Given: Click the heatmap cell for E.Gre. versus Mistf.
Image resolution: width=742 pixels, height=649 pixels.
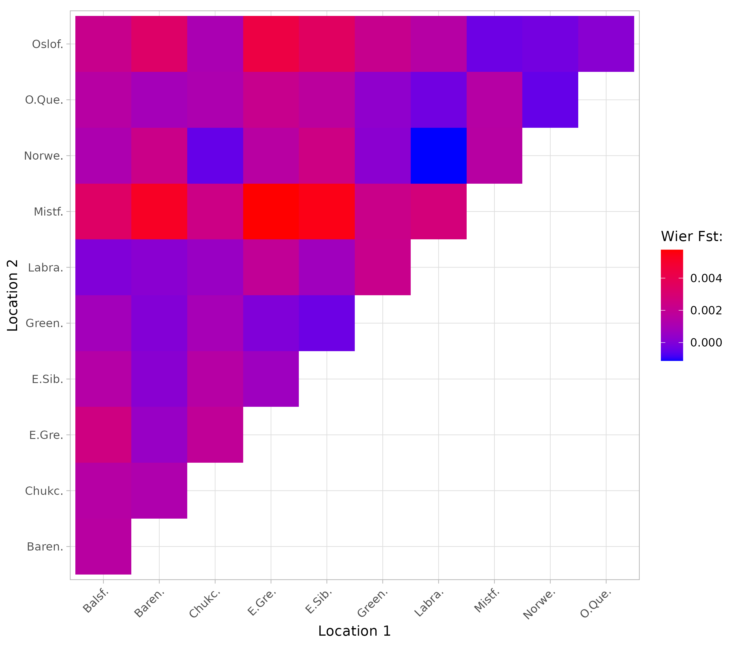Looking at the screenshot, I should (x=271, y=212).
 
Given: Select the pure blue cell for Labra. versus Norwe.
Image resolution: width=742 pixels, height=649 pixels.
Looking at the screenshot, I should (x=438, y=156).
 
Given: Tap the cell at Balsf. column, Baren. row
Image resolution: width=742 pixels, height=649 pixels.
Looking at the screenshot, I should (x=103, y=546).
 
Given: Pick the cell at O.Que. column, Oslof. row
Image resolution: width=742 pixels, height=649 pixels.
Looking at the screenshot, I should (x=606, y=44).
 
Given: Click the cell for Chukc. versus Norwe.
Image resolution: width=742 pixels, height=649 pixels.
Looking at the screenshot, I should (x=215, y=156).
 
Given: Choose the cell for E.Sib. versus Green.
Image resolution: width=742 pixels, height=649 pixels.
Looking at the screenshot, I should (x=327, y=323).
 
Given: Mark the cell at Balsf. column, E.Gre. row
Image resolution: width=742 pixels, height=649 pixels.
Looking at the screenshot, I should (x=103, y=435).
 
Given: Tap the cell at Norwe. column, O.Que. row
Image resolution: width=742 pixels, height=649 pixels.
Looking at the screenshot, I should (x=550, y=100).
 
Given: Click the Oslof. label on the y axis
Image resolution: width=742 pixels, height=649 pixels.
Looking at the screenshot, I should (x=48, y=44).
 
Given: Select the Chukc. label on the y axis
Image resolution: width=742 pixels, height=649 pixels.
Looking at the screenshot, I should (x=44, y=491).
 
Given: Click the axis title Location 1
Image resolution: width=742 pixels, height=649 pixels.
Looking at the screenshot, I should (x=354, y=631).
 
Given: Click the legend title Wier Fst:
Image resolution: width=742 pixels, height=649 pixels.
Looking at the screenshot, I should (x=692, y=236).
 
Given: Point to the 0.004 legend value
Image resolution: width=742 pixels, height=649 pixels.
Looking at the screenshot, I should (x=706, y=278).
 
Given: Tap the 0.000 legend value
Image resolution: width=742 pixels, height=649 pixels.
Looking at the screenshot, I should (x=706, y=342).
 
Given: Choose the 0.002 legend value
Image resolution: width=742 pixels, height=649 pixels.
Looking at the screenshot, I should (x=706, y=310).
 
